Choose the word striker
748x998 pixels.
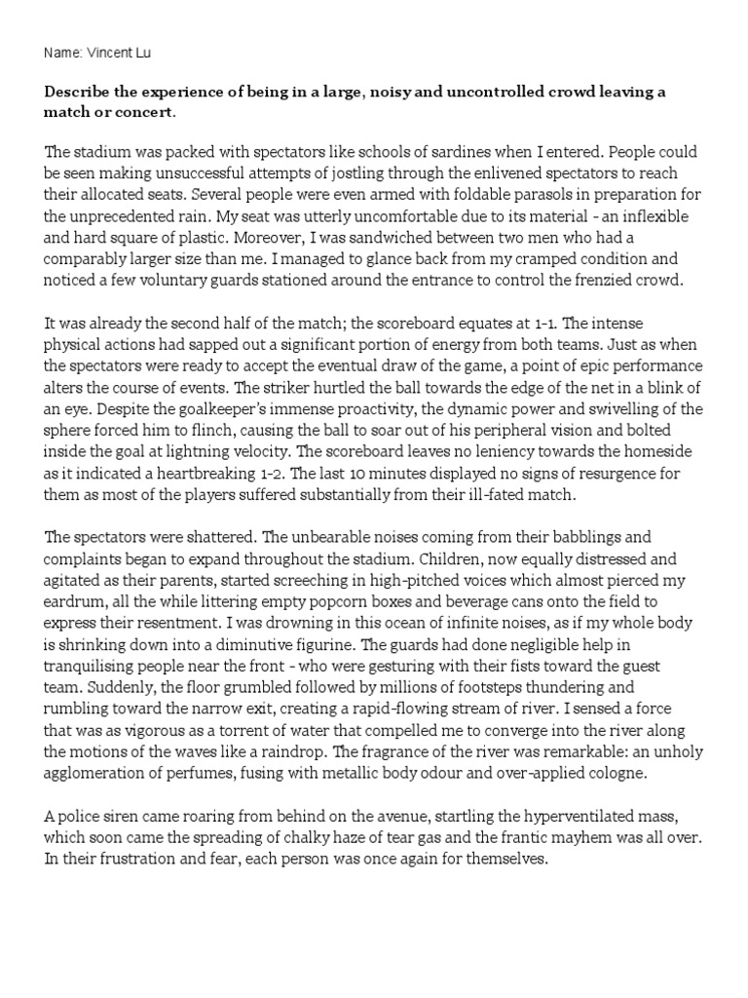coord(291,386)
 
